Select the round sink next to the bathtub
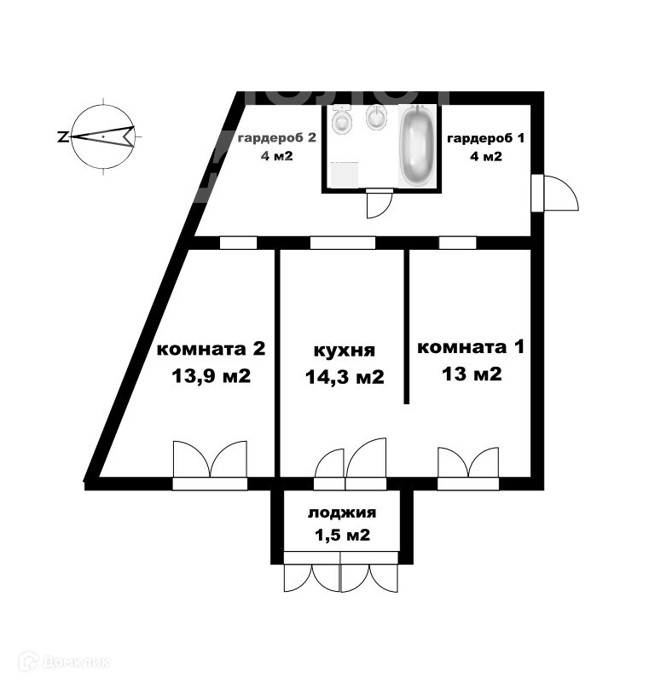pyautogui.click(x=376, y=119)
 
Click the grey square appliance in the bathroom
pyautogui.click(x=345, y=174)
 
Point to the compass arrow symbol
pyautogui.click(x=102, y=136)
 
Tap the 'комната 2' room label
pyautogui.click(x=212, y=349)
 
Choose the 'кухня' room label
pyautogui.click(x=345, y=351)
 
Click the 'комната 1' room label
pyautogui.click(x=470, y=347)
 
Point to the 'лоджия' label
pyautogui.click(x=342, y=513)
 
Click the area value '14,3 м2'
pyautogui.click(x=345, y=376)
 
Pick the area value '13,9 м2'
pyautogui.click(x=212, y=375)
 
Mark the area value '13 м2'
pyautogui.click(x=470, y=374)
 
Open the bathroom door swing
pyautogui.click(x=379, y=203)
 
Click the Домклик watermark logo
pyautogui.click(x=63, y=660)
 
